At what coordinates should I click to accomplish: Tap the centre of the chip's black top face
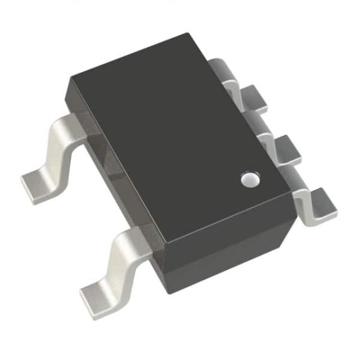(x=180, y=141)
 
